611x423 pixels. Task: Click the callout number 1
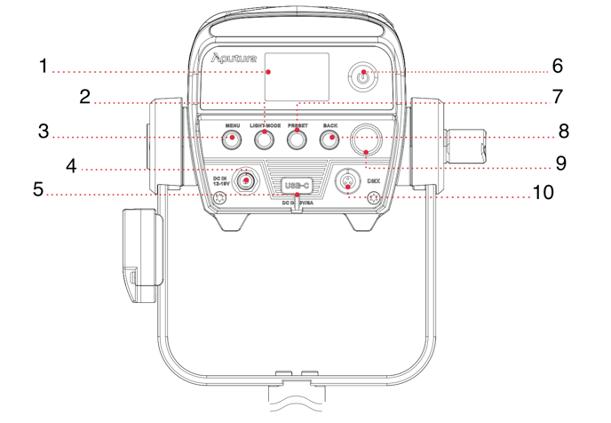tap(42, 67)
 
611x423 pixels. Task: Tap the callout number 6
tap(558, 67)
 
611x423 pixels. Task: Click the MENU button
tap(233, 139)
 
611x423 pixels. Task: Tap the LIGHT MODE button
tap(265, 139)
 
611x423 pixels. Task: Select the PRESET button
tap(297, 139)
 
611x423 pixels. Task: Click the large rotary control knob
tap(365, 138)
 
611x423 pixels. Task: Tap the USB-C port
tap(298, 186)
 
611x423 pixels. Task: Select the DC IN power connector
tap(244, 181)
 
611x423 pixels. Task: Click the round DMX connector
tap(347, 181)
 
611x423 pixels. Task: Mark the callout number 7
tap(558, 96)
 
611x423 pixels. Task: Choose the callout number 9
tap(560, 164)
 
